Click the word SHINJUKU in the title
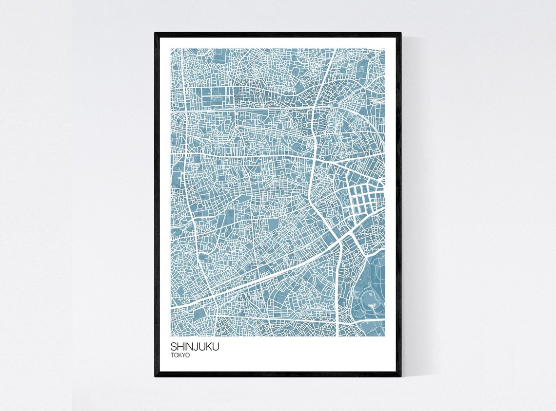point(195,347)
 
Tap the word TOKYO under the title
point(180,355)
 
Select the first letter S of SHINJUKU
point(174,347)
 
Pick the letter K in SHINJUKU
point(208,347)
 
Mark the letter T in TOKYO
point(172,355)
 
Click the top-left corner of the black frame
point(156,34)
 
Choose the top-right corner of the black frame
point(400,34)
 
